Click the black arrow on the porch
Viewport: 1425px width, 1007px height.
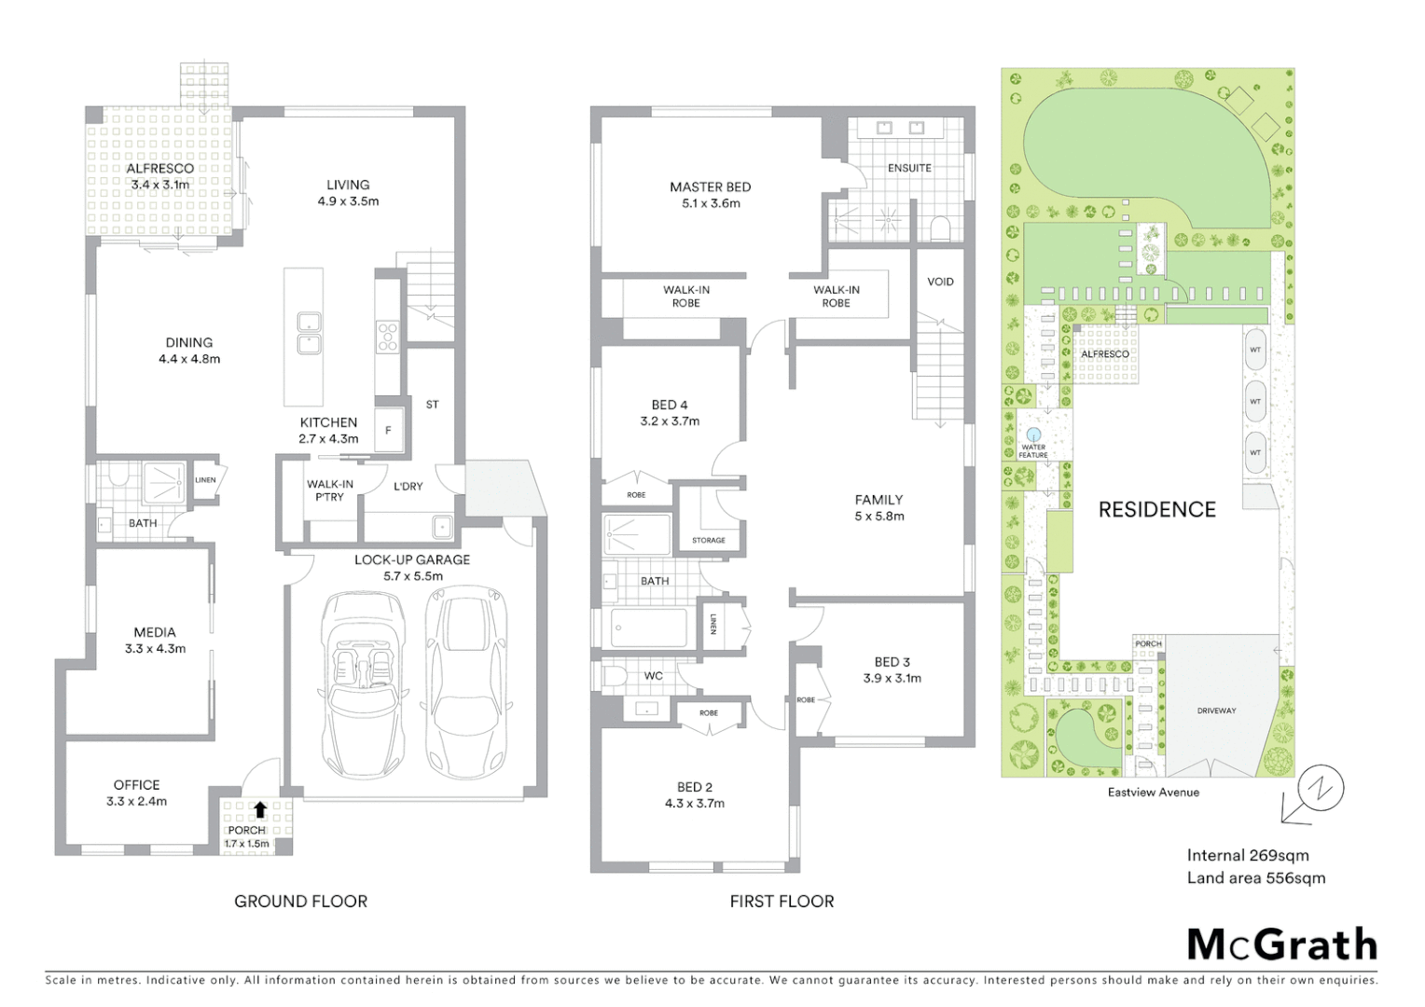[260, 810]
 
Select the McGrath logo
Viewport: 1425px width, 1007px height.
[1281, 945]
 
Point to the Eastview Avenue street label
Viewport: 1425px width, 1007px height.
[1153, 793]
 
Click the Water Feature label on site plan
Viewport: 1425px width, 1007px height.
[1033, 451]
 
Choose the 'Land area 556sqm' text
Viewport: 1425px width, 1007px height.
[1255, 877]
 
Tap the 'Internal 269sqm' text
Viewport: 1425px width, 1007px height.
[1247, 855]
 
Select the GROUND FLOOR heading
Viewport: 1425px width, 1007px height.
[300, 902]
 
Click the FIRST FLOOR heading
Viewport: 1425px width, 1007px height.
[782, 902]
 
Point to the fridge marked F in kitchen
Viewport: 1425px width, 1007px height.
[389, 431]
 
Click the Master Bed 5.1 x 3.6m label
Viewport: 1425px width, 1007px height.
[710, 195]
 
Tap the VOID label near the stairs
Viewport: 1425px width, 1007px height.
[940, 282]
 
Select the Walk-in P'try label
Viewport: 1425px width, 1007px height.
[330, 490]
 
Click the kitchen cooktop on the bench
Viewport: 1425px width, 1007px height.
[387, 336]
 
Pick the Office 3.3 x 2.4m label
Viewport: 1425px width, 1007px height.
[136, 793]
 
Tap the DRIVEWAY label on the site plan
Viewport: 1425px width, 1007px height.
[1216, 710]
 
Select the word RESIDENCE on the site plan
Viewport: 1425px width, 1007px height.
[1156, 510]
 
